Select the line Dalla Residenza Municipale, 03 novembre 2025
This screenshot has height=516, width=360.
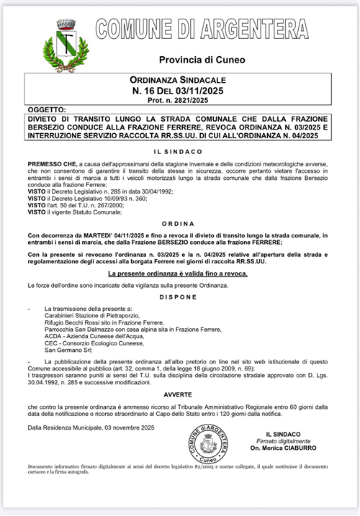click(91, 428)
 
